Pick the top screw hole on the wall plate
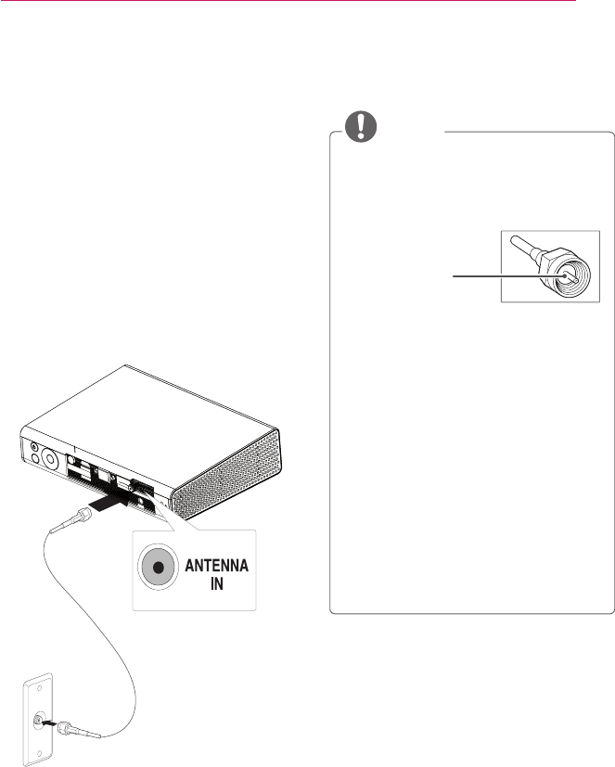pyautogui.click(x=38, y=690)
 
